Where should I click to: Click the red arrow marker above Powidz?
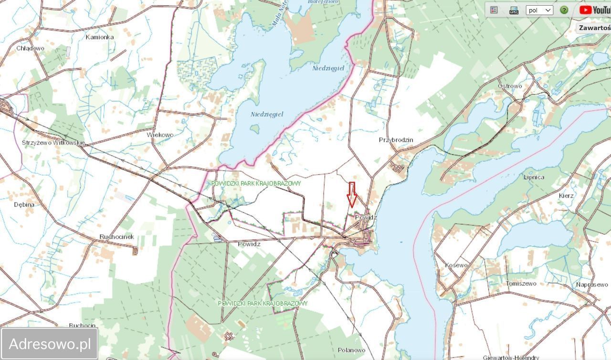(x=352, y=195)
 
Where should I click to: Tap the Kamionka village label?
(x=100, y=37)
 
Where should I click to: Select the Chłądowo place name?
(x=30, y=48)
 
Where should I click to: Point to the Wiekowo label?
(x=160, y=135)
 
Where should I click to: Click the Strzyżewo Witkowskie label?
(x=53, y=143)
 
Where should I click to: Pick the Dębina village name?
(x=24, y=204)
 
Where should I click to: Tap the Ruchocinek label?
(x=116, y=237)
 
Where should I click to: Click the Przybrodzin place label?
(x=396, y=140)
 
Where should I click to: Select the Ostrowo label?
(x=510, y=86)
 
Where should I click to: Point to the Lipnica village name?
(x=534, y=177)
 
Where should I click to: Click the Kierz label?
(x=566, y=196)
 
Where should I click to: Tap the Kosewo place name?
(x=456, y=265)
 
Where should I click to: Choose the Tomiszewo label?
(x=521, y=284)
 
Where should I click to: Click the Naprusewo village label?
(x=591, y=285)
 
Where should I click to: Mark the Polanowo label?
(x=351, y=350)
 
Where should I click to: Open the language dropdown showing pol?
(x=539, y=10)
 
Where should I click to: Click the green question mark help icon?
(x=564, y=10)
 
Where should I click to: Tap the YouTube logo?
(x=594, y=10)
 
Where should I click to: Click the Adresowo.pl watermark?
(x=50, y=344)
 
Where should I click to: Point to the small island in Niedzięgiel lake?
(x=255, y=128)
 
